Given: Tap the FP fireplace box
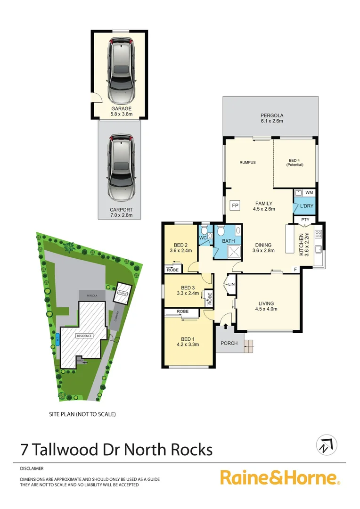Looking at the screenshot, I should coord(234,205).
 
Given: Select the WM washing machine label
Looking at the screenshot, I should coord(309,193).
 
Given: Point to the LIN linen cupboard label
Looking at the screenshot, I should coord(231,284).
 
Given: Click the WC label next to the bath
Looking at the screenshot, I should coord(204,238).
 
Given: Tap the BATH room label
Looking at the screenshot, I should coord(229,241).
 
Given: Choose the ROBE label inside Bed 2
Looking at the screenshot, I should coord(171,270).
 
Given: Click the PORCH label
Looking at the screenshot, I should coord(229,343).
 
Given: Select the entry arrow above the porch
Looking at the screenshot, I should coord(225,326).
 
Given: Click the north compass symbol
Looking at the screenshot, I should coord(327,444).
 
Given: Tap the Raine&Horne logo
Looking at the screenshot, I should coord(280,477).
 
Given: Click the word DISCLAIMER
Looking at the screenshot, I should coord(32,468).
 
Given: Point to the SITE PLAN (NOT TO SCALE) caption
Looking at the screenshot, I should coord(82,414).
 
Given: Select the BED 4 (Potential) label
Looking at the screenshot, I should coord(296,163).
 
